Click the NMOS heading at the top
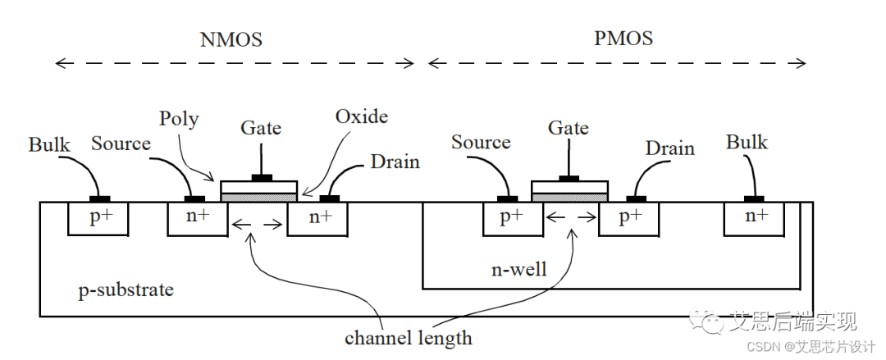(x=231, y=39)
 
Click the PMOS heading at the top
(x=624, y=39)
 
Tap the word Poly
(x=179, y=119)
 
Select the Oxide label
(x=361, y=116)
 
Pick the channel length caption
(x=408, y=337)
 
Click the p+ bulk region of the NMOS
(x=99, y=218)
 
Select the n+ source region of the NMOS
(x=198, y=218)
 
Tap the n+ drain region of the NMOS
(x=317, y=218)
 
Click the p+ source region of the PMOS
(x=511, y=217)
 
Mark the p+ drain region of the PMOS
(x=629, y=217)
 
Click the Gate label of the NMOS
(x=261, y=128)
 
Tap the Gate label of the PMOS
(x=569, y=128)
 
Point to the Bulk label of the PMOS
(x=747, y=143)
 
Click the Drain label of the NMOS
(x=395, y=162)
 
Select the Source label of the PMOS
(x=481, y=143)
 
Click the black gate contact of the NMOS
(x=262, y=178)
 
